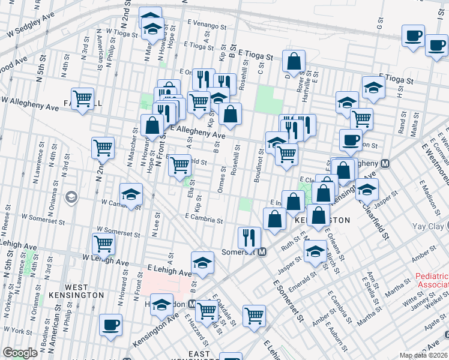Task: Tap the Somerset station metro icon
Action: click(262, 253)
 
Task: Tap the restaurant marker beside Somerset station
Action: click(249, 238)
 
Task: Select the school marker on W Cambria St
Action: click(131, 195)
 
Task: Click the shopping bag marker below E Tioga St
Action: click(294, 61)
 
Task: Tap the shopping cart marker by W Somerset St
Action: click(104, 244)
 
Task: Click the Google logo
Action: click(20, 353)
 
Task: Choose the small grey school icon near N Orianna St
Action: click(71, 198)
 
